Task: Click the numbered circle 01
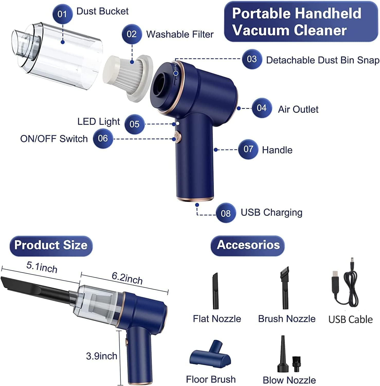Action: pyautogui.click(x=62, y=14)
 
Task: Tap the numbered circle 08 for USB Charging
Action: pyautogui.click(x=225, y=213)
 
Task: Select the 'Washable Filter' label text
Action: pyautogui.click(x=180, y=34)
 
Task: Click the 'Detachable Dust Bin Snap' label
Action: pyautogui.click(x=322, y=60)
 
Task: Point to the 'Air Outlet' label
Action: pyautogui.click(x=298, y=109)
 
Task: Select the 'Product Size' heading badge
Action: pyautogui.click(x=51, y=245)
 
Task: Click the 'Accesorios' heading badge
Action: pyautogui.click(x=248, y=245)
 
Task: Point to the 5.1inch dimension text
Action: pyautogui.click(x=42, y=267)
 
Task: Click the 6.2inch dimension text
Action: pyautogui.click(x=127, y=278)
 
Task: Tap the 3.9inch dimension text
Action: pyautogui.click(x=102, y=356)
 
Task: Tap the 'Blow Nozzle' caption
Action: pyautogui.click(x=289, y=380)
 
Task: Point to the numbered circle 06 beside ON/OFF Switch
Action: pyautogui.click(x=103, y=138)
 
